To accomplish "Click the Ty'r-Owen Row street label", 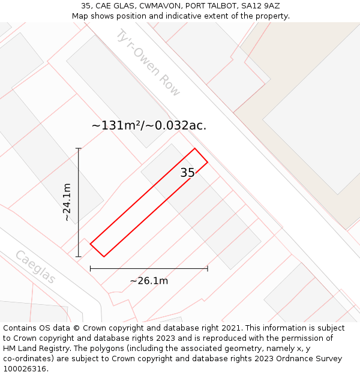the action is point(148,62).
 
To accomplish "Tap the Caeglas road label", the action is point(35,267).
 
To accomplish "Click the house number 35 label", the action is point(187,173).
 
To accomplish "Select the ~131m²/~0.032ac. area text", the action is point(149,125).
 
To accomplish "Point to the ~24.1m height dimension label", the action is point(67,202).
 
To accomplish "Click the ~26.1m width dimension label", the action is point(149,281).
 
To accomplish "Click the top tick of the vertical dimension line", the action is point(79,148).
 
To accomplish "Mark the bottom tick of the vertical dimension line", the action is point(79,257).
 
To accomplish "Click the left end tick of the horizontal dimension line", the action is point(91,268).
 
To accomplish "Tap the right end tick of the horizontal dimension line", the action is point(208,268).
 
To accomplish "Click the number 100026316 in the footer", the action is point(25,369).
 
